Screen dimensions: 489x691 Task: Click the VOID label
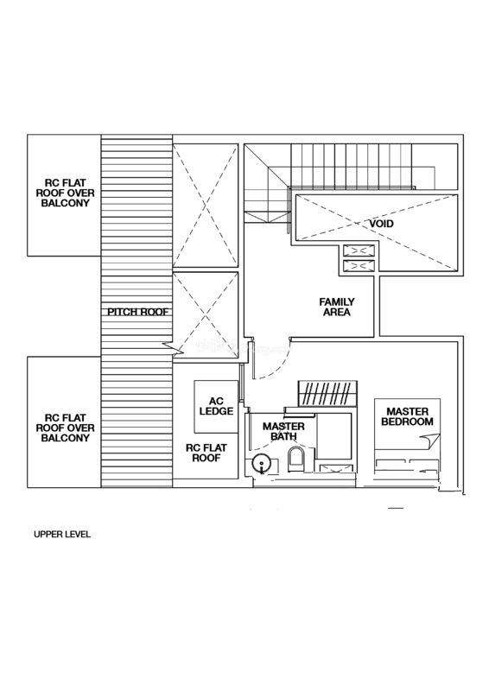coord(381,224)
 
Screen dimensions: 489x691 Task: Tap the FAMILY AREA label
coord(337,307)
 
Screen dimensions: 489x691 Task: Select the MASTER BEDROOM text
coord(408,416)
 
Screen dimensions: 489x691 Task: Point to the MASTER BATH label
coord(283,431)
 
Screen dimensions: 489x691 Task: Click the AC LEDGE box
coord(216,406)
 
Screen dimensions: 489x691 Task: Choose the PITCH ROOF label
coord(138,312)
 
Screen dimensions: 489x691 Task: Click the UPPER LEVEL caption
coord(62,534)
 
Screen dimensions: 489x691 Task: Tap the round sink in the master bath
coord(262,465)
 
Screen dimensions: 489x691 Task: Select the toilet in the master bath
coord(295,460)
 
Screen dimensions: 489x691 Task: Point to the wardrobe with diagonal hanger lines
coord(327,394)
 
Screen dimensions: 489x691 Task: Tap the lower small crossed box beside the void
coord(359,266)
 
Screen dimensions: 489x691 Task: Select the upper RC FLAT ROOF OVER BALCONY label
coord(66,193)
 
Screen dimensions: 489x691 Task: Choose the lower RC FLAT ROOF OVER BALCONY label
coord(66,428)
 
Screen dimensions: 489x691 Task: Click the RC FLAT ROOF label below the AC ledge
coord(206,453)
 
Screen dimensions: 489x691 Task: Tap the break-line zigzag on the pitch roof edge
coord(173,349)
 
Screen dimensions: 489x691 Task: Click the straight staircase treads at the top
coord(352,166)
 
